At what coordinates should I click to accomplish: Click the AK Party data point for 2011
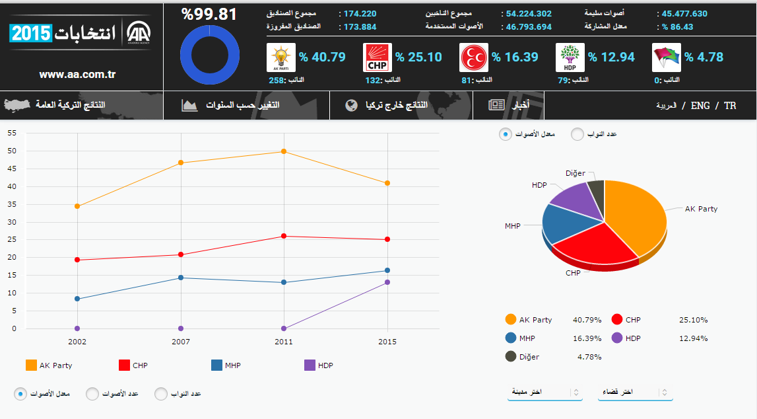point(284,151)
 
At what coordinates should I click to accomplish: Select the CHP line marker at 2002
point(77,260)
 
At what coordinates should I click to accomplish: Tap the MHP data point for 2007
point(181,278)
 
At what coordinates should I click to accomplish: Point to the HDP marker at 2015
point(387,282)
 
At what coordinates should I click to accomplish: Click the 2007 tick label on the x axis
point(181,342)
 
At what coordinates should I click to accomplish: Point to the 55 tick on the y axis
point(11,133)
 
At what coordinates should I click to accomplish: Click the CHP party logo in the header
point(378,57)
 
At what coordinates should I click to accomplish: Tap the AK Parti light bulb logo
point(280,57)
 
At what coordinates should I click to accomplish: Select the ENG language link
point(700,106)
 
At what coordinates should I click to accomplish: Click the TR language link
point(729,106)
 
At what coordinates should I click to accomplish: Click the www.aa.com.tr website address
point(77,75)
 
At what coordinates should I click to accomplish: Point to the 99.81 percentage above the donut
point(209,14)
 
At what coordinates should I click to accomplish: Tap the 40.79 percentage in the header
point(322,57)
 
